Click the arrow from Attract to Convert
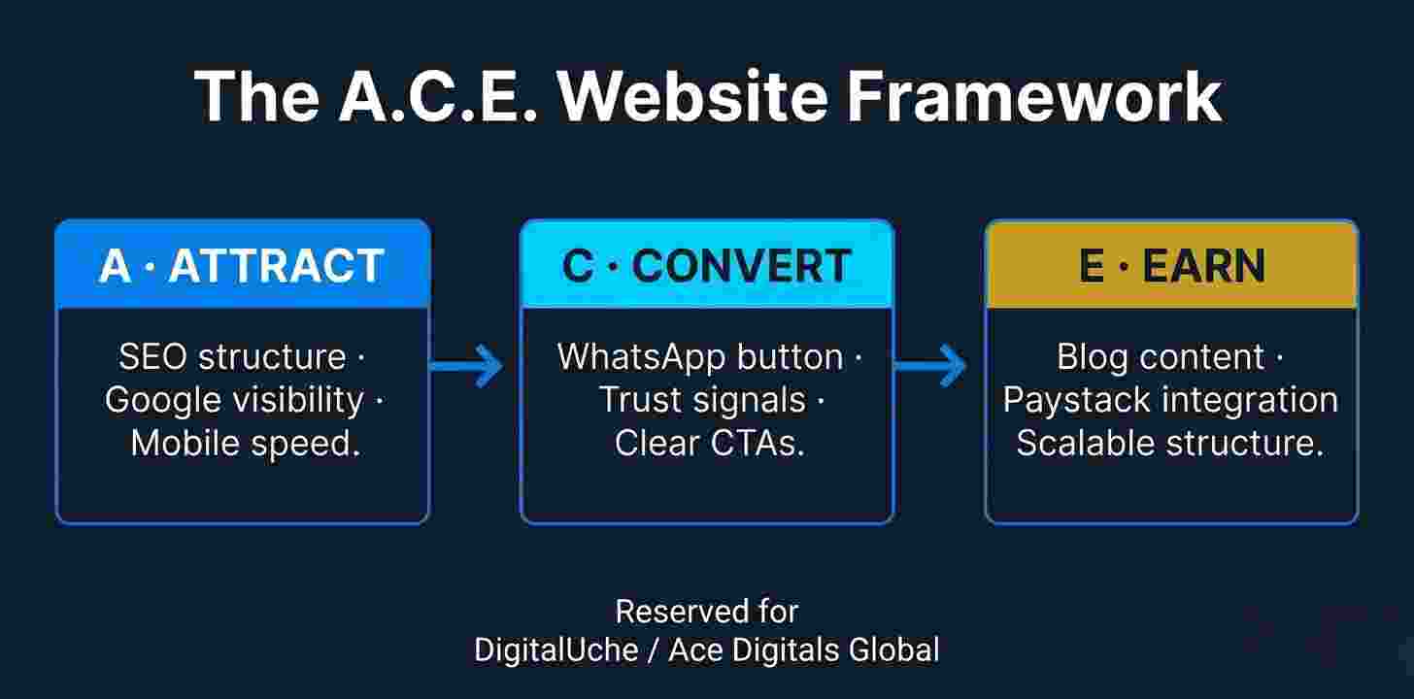pyautogui.click(x=466, y=366)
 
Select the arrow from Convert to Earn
pyautogui.click(x=930, y=366)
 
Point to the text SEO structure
pyautogui.click(x=233, y=357)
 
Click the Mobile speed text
pyautogui.click(x=245, y=443)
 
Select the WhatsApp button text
pyautogui.click(x=699, y=357)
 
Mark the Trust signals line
pyautogui.click(x=701, y=400)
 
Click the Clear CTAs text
pyautogui.click(x=710, y=443)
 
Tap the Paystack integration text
pyautogui.click(x=1170, y=400)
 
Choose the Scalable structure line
pyautogui.click(x=1170, y=443)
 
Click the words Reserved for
pyautogui.click(x=707, y=612)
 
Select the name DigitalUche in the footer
pyautogui.click(x=555, y=649)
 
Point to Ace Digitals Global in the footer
pyautogui.click(x=804, y=649)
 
